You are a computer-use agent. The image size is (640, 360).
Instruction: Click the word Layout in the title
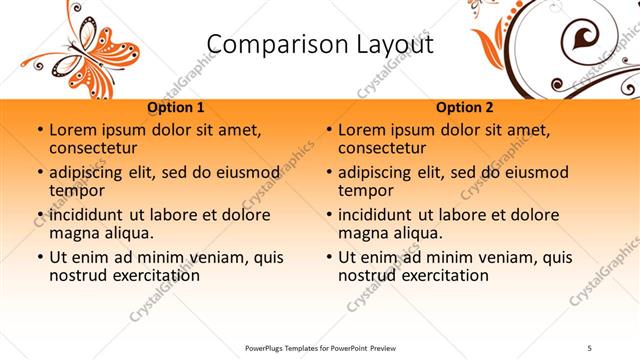(x=392, y=45)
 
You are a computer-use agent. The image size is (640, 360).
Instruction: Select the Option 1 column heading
(x=176, y=107)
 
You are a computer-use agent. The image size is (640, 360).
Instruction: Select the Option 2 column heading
(x=465, y=107)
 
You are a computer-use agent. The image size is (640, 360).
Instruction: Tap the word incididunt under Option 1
(x=91, y=214)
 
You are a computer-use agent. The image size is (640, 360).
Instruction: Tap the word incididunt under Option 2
(x=380, y=214)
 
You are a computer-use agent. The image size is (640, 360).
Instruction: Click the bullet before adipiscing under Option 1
(x=39, y=172)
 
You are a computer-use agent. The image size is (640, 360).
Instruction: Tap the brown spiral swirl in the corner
(x=581, y=40)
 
